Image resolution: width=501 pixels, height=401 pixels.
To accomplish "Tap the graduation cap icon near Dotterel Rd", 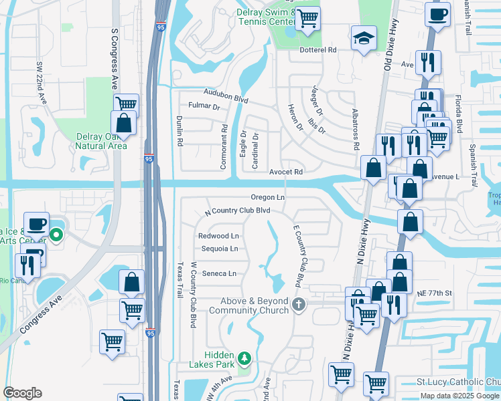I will (x=363, y=39).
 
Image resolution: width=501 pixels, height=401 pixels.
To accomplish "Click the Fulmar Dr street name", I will (x=204, y=106).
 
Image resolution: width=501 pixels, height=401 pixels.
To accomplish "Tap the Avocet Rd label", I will (x=286, y=172).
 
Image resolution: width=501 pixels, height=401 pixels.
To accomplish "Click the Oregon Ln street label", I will (x=268, y=197).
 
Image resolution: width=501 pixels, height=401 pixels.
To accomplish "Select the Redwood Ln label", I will (x=218, y=236).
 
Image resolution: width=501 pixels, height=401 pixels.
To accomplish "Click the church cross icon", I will (x=299, y=305).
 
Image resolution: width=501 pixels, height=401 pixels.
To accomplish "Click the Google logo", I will (x=22, y=393).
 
